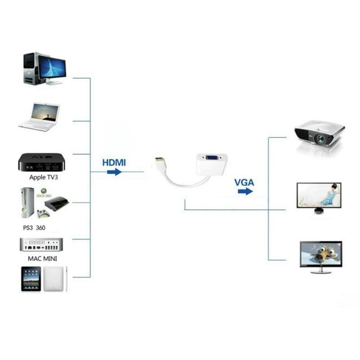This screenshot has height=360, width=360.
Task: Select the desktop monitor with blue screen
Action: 52,67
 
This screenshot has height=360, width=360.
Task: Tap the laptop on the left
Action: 40,116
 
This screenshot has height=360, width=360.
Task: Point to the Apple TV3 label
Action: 43,177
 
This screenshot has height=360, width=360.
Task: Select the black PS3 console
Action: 56,204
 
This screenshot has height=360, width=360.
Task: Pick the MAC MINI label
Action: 42,259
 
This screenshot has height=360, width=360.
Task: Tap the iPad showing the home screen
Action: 31,279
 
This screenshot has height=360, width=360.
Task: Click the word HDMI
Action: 114,162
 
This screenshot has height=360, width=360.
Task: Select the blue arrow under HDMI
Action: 114,172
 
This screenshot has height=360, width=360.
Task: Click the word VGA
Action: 244,182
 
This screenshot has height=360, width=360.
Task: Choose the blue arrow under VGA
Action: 245,192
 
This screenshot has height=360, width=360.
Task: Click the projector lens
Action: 321,139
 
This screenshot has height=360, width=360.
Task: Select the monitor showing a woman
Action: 319,196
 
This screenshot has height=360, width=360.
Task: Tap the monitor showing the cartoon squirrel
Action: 321,255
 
